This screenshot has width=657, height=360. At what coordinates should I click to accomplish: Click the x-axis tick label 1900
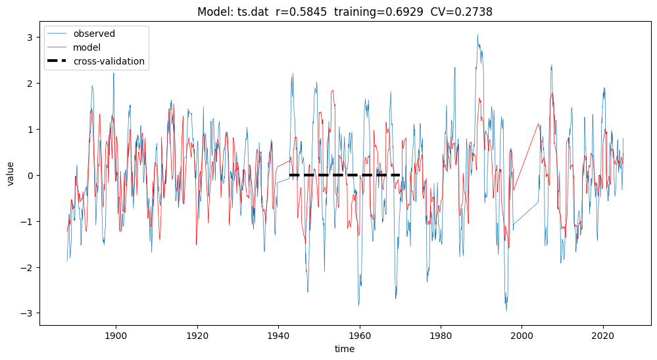point(116,335)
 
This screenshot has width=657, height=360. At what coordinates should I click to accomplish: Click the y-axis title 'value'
point(11,174)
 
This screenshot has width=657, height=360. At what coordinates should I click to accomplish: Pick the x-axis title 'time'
point(345,349)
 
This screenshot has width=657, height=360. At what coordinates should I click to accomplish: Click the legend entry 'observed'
point(94,34)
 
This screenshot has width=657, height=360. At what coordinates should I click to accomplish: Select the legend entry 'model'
point(87,47)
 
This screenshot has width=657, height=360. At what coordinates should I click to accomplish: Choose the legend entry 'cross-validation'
point(109,62)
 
